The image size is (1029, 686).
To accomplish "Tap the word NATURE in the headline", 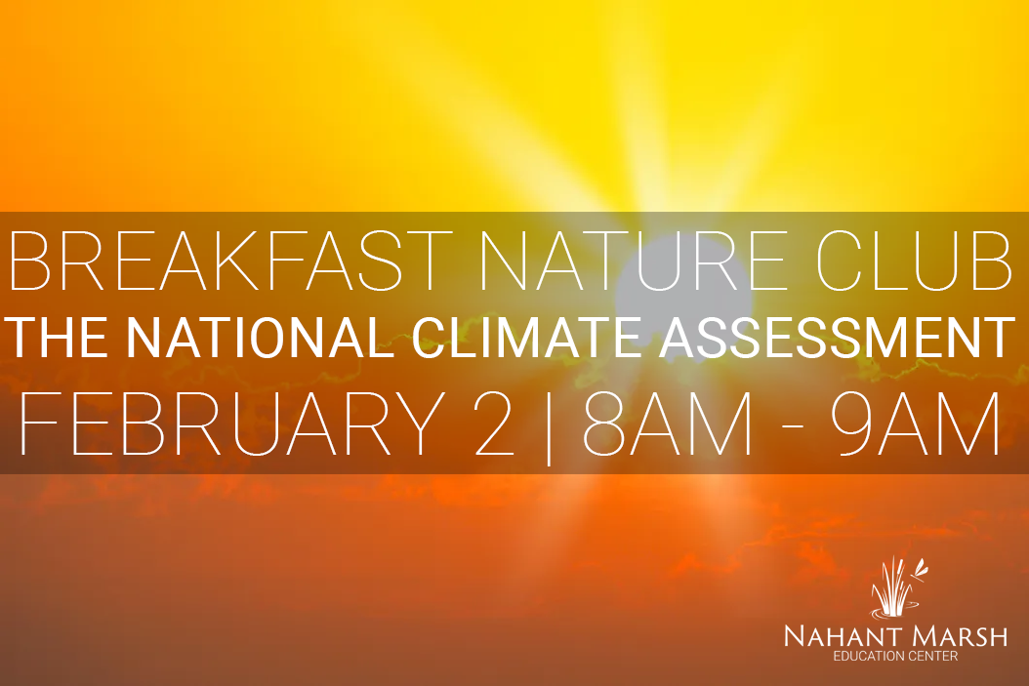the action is coord(634,261).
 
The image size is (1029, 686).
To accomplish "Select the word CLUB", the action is coord(914,261).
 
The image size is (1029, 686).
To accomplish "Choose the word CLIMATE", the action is coord(526,338).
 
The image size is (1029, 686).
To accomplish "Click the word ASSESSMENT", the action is coord(838,338).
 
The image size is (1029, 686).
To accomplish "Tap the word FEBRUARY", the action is coord(232,424).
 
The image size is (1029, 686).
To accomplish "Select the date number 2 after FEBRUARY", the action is coord(493,424).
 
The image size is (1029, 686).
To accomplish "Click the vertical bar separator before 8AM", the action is coord(549,426).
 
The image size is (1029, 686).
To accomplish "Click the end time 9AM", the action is coord(916,424).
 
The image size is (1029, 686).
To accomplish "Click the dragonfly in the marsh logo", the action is coord(920,568).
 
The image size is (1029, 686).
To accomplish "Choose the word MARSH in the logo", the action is coord(953,636).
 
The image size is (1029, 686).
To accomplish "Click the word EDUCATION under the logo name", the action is coord(864,657).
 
